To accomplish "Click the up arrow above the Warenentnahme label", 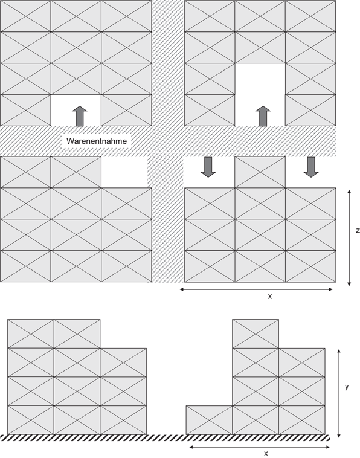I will (79, 115).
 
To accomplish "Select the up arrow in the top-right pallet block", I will (263, 115).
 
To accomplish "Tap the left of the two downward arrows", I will (208, 167).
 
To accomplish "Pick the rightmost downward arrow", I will (311, 167).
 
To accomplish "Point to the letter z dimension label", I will (358, 230).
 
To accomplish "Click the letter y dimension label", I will (347, 387).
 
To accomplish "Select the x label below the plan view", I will (269, 297).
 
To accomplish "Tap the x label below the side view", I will (266, 453).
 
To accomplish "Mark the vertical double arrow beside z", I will (349, 237).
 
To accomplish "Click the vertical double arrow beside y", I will (339, 393).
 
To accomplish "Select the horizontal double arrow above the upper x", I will (256, 289).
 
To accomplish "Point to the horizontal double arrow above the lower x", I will (260, 447).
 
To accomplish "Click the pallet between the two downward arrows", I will (260, 172).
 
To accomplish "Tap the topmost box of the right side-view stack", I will (256, 334).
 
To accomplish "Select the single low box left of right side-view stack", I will (209, 420).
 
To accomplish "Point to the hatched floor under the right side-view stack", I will (257, 437).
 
